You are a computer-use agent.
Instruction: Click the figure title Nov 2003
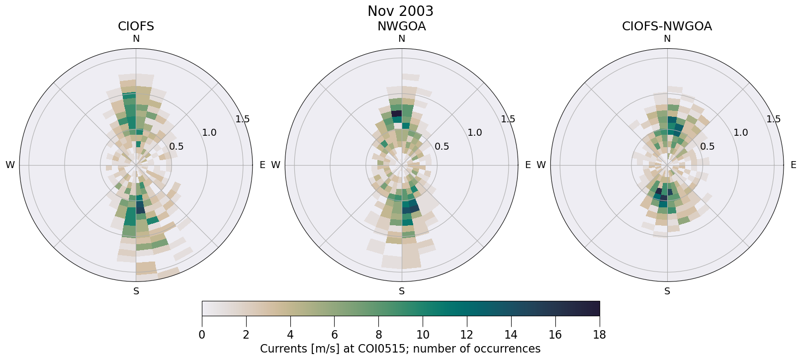tap(400, 11)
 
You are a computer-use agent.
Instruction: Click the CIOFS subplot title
tap(136, 26)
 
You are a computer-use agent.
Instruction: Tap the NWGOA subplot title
tap(401, 26)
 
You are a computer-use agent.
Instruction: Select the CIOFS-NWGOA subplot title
tap(667, 26)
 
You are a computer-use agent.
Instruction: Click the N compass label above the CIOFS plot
tap(136, 39)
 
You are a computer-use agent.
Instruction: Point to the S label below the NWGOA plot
tap(402, 291)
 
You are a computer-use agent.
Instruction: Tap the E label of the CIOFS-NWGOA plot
tap(793, 165)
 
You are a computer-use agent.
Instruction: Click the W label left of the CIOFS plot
tap(10, 165)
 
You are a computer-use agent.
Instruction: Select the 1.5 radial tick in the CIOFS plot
tap(243, 119)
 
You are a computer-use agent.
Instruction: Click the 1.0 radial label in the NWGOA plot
tap(475, 132)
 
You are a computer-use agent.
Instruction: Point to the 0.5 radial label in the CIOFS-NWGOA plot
tap(707, 146)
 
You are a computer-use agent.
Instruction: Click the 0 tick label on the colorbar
tap(202, 335)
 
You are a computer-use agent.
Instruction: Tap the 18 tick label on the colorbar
tap(599, 335)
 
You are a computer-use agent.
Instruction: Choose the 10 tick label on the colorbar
tap(423, 335)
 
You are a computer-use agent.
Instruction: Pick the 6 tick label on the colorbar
tap(335, 335)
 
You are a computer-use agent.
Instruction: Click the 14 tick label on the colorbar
tap(511, 335)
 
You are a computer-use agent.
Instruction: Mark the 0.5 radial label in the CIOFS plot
tap(176, 146)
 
